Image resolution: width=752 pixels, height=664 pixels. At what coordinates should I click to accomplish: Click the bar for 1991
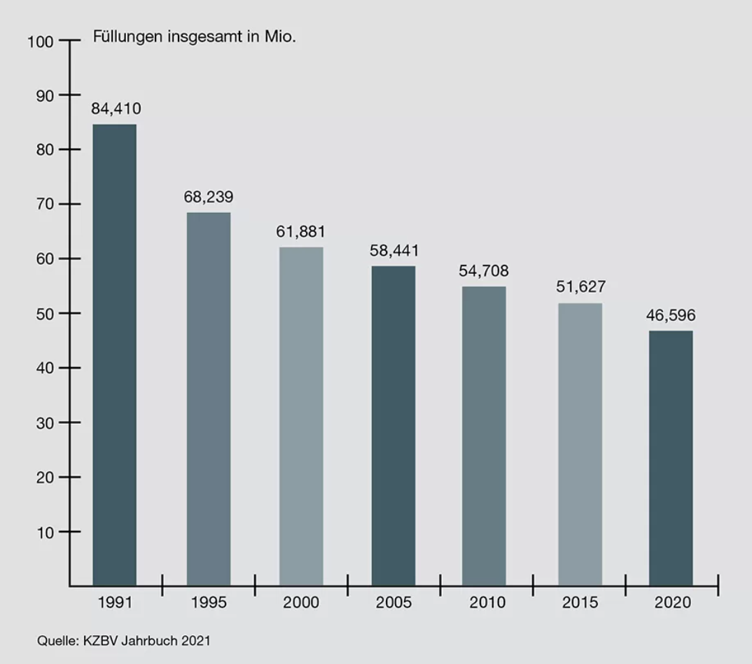(115, 354)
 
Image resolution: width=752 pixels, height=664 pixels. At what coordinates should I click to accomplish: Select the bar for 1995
(208, 399)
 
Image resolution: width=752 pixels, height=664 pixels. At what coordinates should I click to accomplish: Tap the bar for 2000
(301, 416)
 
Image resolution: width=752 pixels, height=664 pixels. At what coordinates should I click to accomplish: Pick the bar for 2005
(394, 425)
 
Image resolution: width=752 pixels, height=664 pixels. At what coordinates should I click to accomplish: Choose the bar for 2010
(484, 436)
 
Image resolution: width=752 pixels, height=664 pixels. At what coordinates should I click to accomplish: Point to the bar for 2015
(580, 444)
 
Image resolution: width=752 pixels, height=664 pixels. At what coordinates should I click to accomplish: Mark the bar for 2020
(671, 458)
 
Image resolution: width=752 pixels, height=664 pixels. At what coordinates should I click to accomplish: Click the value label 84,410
(116, 109)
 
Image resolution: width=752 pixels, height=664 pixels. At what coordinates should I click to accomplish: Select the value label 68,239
(209, 197)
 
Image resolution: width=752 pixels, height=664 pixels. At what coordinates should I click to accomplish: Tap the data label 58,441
(394, 250)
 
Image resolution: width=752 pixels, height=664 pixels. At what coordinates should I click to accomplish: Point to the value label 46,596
(671, 315)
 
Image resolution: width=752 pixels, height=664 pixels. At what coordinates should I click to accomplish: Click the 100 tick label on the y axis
(41, 41)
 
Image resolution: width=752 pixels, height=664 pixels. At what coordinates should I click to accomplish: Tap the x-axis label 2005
(394, 602)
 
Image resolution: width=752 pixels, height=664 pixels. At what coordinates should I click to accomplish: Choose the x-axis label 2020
(672, 602)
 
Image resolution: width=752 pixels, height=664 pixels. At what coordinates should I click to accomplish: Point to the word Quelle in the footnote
(54, 640)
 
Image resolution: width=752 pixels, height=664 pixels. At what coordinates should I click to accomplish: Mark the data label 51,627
(580, 286)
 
